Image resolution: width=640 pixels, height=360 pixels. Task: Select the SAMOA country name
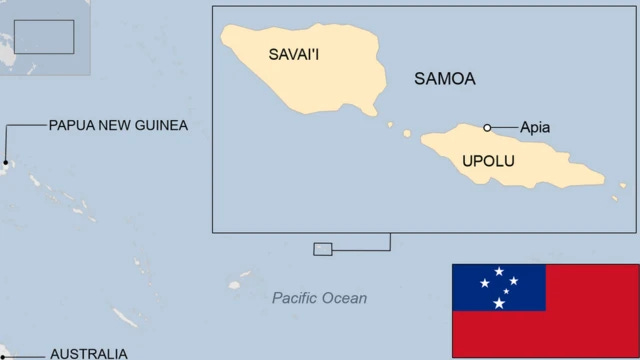tap(444, 79)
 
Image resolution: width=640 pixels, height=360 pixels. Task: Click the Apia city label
tap(535, 127)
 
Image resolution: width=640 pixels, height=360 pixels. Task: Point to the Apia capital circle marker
tap(487, 127)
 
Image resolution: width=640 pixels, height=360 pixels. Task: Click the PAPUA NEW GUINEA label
tap(118, 125)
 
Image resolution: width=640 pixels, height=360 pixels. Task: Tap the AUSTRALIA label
tap(88, 353)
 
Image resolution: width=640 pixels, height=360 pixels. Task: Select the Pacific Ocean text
tap(319, 298)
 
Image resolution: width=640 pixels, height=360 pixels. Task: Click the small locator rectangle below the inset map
tap(322, 249)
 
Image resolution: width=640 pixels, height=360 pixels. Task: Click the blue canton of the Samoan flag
tap(499, 288)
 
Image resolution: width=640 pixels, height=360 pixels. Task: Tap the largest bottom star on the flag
tap(499, 303)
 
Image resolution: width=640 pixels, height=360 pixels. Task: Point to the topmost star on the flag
tap(499, 271)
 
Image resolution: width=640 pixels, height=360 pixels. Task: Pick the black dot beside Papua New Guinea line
tap(4, 162)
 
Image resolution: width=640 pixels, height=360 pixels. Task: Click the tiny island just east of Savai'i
tap(390, 125)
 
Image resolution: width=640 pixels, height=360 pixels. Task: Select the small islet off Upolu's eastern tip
tap(615, 197)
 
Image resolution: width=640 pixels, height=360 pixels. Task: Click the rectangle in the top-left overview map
tap(45, 36)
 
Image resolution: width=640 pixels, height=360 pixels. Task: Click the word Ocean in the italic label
tap(345, 298)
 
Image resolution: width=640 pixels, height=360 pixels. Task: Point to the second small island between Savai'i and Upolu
tap(407, 133)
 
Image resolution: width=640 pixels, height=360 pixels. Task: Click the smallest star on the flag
tap(506, 291)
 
